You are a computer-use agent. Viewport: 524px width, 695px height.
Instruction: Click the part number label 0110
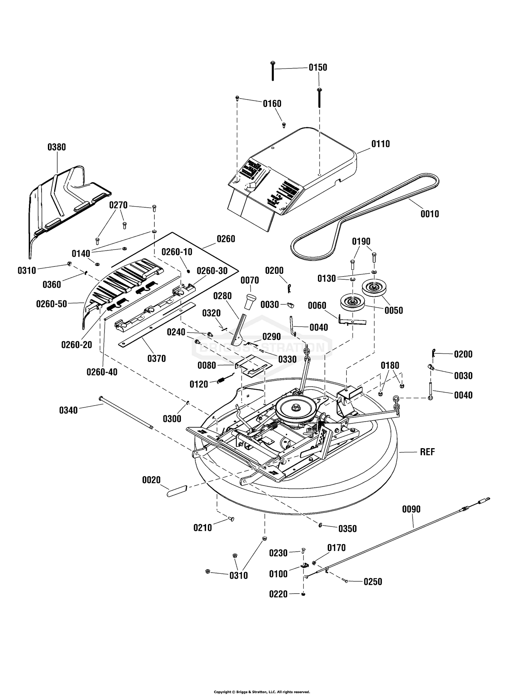380,144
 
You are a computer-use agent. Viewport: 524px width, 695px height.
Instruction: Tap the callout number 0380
57,147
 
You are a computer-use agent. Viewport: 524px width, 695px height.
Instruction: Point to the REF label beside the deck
427,452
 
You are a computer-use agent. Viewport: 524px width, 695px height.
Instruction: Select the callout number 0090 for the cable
411,509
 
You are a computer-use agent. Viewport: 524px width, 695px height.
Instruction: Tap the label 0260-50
51,304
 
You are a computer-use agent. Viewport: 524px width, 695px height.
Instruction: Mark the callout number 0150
318,67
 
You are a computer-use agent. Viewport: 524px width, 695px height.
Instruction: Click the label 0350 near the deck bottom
348,529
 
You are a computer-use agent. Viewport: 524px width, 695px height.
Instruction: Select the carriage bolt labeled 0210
231,519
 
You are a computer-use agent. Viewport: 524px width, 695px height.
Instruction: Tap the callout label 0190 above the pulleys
361,241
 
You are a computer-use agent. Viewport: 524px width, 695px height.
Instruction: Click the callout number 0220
278,594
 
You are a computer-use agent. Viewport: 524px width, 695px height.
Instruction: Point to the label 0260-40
102,372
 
